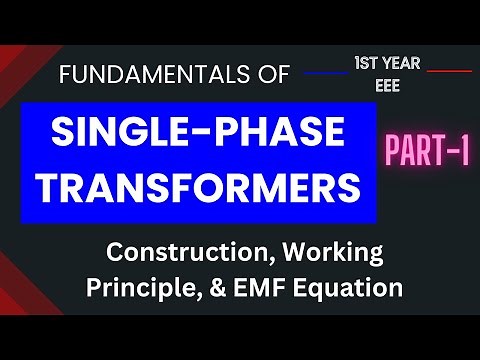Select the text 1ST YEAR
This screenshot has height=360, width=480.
(x=387, y=64)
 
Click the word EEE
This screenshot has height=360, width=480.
(x=387, y=86)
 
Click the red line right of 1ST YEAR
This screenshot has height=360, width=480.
(x=449, y=71)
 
